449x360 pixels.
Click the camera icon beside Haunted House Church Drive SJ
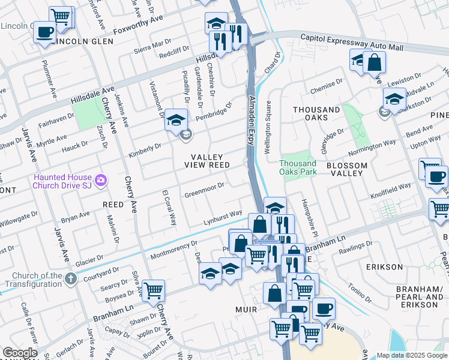(x=101, y=179)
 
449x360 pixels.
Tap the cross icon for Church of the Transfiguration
(x=71, y=278)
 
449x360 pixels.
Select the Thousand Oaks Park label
(x=297, y=167)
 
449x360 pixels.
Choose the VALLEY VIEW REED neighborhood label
(x=207, y=161)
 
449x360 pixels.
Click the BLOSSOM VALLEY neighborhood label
(x=345, y=169)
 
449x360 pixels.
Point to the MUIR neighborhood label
(x=246, y=310)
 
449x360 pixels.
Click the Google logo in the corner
(x=19, y=353)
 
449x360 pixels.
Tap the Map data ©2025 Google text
(x=411, y=355)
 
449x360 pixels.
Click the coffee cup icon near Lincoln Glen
(x=44, y=31)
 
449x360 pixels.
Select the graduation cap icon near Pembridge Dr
(x=176, y=119)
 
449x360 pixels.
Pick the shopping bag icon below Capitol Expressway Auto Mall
(x=374, y=62)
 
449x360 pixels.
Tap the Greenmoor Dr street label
(x=204, y=190)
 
